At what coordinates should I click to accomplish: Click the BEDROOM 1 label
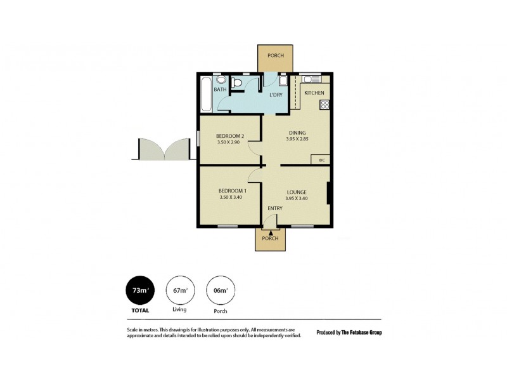click(x=232, y=191)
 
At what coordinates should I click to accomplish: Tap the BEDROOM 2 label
click(x=229, y=136)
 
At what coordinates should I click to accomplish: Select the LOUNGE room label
click(x=296, y=192)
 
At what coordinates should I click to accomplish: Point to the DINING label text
click(x=296, y=132)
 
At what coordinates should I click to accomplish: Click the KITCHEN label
click(x=314, y=93)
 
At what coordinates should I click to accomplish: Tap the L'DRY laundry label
click(x=276, y=95)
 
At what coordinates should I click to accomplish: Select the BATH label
click(x=220, y=90)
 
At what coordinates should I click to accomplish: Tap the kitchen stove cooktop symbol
click(x=324, y=105)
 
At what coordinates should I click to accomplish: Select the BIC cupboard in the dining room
click(x=322, y=160)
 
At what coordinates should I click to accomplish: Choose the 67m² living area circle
click(x=179, y=291)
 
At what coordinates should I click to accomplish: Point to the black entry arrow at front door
click(x=271, y=232)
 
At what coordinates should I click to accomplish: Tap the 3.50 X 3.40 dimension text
click(x=232, y=198)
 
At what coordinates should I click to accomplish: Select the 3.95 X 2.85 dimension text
click(x=296, y=139)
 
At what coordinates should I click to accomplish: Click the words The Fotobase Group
click(x=362, y=332)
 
